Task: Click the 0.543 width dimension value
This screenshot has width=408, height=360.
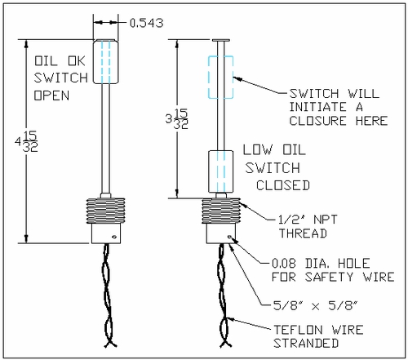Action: coord(147,23)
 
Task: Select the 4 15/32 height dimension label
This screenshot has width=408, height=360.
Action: coord(26,141)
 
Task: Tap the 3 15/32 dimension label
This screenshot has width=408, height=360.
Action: coord(177,119)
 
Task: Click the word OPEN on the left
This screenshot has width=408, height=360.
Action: coord(51,96)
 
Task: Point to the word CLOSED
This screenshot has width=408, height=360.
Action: coord(283,185)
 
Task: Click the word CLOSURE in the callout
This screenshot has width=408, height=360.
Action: coord(317,121)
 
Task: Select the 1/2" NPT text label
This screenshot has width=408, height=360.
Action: coord(308,220)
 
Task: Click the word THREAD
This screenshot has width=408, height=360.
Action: coord(303,233)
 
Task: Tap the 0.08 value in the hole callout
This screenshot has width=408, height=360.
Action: coord(284,263)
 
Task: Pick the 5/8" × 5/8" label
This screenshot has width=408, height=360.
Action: coord(315,305)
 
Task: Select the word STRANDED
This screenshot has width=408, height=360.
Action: coord(306,343)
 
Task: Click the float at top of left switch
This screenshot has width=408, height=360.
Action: coord(106,62)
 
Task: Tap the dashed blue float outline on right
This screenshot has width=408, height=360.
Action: coord(208,78)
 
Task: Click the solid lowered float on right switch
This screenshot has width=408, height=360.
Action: coord(221,171)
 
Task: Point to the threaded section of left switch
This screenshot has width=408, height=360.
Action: coord(106,211)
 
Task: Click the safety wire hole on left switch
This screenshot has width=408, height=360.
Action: coord(114,237)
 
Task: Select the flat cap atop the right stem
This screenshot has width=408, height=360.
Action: coord(221,40)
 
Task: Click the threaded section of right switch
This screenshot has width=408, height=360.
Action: coord(221,211)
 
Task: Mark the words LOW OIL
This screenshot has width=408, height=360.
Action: coord(274,150)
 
